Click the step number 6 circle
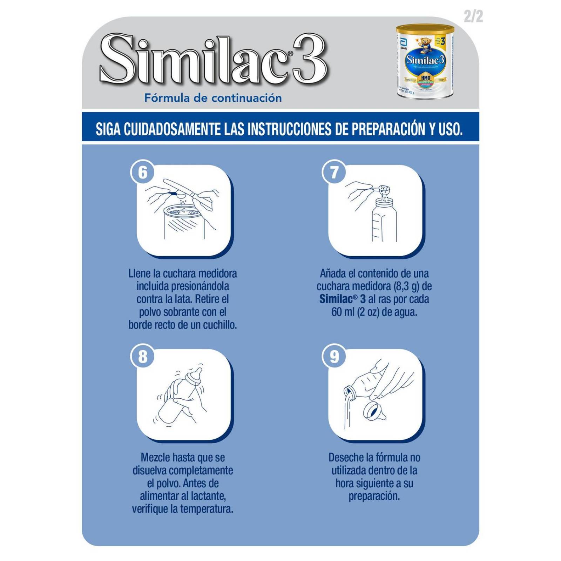(x=143, y=172)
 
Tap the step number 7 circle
(x=334, y=172)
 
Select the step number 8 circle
(x=143, y=357)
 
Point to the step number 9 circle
(x=334, y=357)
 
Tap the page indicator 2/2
(x=473, y=16)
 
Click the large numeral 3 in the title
(x=309, y=59)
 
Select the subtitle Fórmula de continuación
(x=213, y=98)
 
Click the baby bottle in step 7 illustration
(x=384, y=221)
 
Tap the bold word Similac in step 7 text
(x=336, y=299)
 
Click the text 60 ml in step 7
(x=343, y=312)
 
